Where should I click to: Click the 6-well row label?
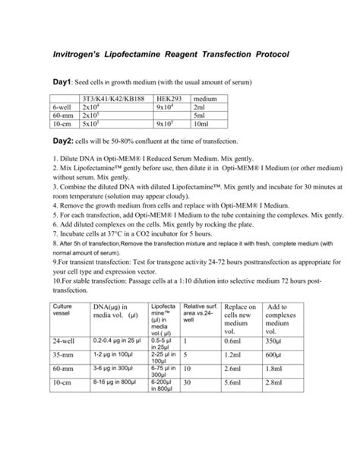click(64, 108)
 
